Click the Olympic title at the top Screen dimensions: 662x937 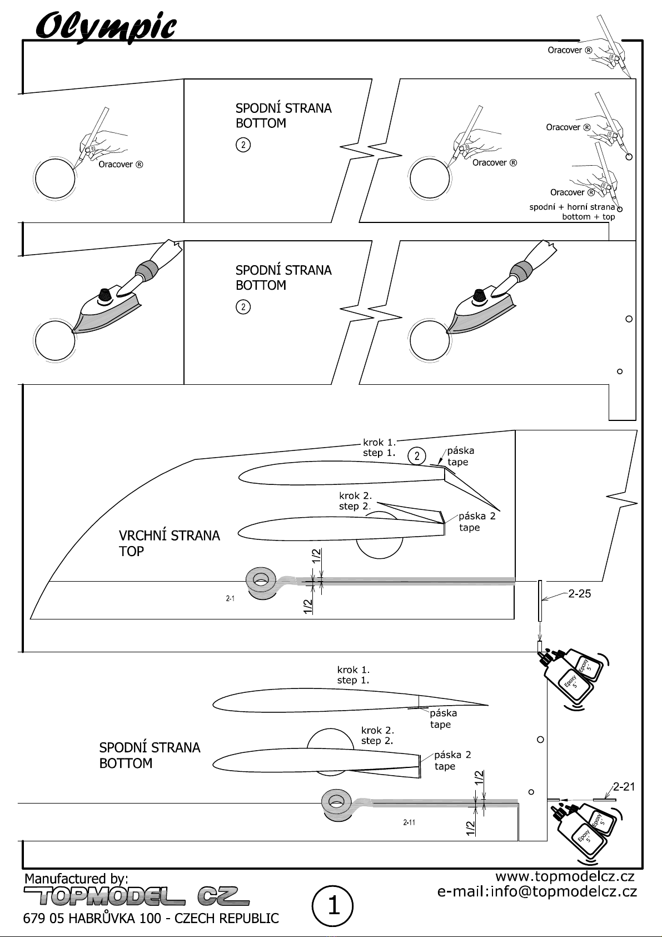[106, 28]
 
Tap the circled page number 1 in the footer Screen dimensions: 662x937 [333, 906]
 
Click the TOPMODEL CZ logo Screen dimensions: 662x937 [136, 896]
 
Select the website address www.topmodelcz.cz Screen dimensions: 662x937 [565, 876]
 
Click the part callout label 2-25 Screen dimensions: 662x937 [580, 593]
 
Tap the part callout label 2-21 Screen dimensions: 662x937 [624, 787]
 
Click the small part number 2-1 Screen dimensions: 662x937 [230, 598]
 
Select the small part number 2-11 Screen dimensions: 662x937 [409, 822]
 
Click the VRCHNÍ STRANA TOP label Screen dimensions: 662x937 [170, 543]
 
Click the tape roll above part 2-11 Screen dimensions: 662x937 [337, 804]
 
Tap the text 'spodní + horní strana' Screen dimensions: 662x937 [572, 207]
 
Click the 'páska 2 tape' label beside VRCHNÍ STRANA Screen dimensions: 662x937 [477, 522]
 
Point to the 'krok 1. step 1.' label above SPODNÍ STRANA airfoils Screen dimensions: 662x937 [354, 676]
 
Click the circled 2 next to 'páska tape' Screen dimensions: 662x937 [416, 456]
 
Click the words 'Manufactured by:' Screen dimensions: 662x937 [77, 878]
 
